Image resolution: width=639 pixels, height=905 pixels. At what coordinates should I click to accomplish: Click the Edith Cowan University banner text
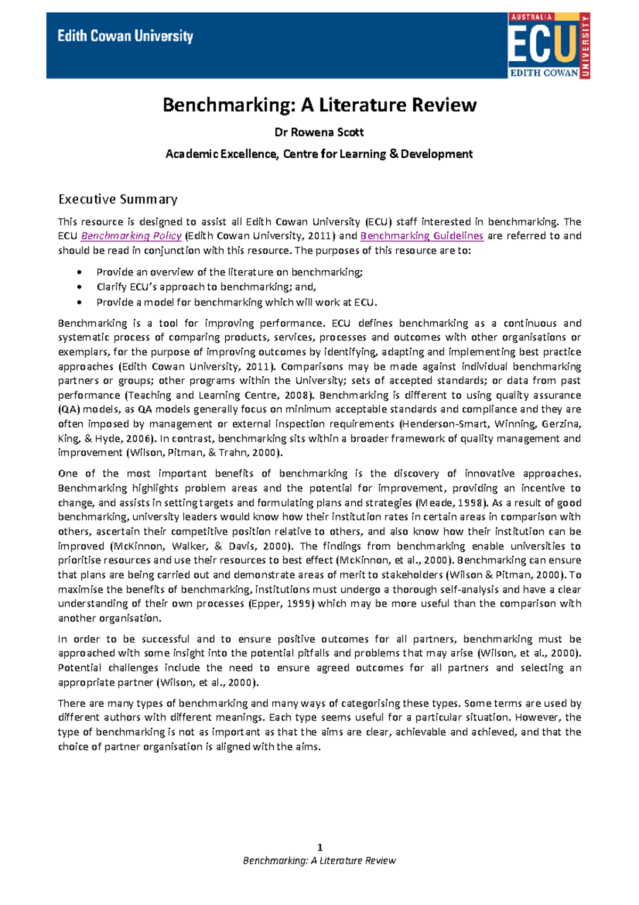click(x=125, y=36)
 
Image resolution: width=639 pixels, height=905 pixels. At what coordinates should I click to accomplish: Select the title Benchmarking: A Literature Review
click(x=319, y=105)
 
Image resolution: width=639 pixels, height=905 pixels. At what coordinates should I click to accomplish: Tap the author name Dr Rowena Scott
click(x=319, y=132)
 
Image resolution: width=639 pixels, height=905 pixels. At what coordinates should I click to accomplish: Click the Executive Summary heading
click(x=118, y=199)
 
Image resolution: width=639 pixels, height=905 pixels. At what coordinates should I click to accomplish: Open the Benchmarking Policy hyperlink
click(x=131, y=236)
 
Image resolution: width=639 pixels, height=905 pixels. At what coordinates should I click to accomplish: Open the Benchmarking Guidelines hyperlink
click(x=422, y=236)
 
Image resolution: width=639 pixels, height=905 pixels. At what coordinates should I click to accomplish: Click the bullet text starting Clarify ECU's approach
click(x=206, y=287)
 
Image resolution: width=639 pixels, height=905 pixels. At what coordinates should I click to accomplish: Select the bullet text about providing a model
click(x=236, y=302)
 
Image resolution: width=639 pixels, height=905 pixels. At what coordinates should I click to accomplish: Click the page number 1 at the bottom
click(x=319, y=847)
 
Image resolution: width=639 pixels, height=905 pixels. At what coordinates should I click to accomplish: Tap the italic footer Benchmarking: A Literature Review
click(x=319, y=860)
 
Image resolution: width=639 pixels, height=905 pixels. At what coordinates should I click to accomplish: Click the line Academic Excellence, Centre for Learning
click(x=319, y=154)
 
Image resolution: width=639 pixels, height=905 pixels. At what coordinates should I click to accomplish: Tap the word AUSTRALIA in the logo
click(x=531, y=17)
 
